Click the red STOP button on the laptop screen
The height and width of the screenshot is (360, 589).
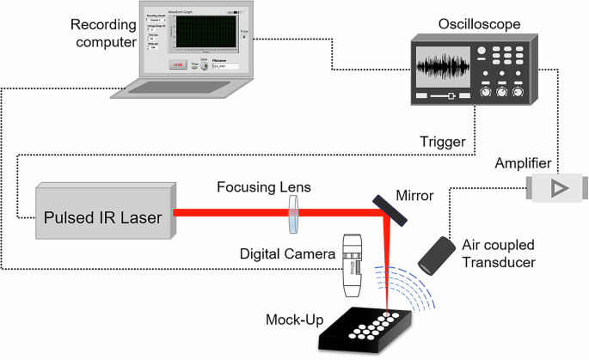(x=178, y=64)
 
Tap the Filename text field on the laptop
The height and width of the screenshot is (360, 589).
(x=224, y=65)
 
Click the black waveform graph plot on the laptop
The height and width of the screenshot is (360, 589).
(x=204, y=34)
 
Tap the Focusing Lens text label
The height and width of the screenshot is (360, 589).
(x=265, y=187)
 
